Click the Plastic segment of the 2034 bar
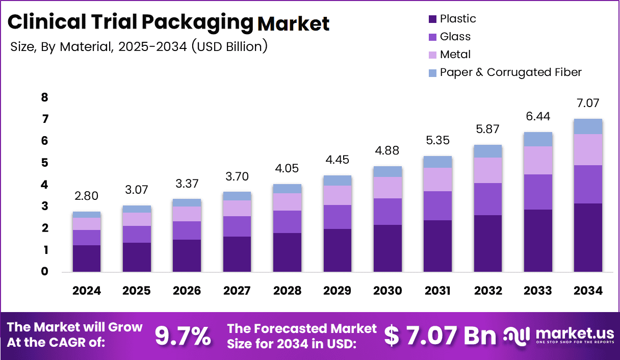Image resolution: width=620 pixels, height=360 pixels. [x=588, y=237]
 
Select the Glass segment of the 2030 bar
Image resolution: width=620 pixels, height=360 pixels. [x=387, y=212]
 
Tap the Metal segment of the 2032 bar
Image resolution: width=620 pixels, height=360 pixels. [x=487, y=170]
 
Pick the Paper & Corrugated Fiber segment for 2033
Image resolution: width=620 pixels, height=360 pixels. [x=538, y=139]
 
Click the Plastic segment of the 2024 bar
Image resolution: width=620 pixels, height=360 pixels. [x=86, y=258]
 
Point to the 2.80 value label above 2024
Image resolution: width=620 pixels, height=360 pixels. [x=86, y=196]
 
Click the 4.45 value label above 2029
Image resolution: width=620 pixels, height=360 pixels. [x=337, y=160]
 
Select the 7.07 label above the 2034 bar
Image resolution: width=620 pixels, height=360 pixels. [x=588, y=103]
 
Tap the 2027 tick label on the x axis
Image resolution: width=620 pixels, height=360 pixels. [x=237, y=291]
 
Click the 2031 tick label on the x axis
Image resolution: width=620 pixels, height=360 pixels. [x=437, y=291]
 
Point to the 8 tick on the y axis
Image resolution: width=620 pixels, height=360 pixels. [x=44, y=97]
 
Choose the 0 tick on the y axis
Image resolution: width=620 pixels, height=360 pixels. [x=44, y=272]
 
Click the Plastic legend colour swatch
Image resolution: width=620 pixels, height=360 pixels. [x=432, y=19]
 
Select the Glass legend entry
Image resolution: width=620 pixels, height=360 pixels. [x=455, y=37]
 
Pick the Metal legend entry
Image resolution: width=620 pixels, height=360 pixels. [x=455, y=55]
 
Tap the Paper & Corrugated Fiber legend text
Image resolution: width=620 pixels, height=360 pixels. [x=510, y=72]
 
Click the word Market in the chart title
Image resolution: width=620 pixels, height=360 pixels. [x=294, y=23]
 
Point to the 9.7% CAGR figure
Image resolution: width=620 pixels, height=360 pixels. [x=183, y=336]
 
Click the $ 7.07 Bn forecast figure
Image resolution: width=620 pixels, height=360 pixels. [x=440, y=336]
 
